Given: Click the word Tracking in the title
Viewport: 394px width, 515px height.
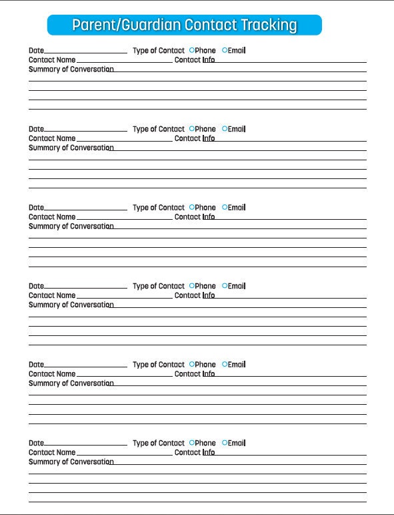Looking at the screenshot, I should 269,25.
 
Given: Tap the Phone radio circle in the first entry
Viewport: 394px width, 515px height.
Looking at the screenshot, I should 192,50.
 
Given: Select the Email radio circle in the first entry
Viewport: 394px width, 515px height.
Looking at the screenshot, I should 225,50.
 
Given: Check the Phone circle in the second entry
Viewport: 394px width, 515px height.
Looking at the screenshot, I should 192,129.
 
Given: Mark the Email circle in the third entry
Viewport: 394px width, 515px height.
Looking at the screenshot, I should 225,207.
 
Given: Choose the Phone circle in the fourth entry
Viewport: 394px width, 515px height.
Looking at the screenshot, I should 192,286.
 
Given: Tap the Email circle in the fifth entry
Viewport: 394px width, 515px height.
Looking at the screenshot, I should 225,364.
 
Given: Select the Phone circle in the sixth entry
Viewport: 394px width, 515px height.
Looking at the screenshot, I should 192,443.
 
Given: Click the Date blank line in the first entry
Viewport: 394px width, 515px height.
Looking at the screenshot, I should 85,51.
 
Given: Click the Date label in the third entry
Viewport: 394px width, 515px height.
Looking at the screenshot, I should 36,208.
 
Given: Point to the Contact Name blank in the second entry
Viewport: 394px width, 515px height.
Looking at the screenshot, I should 125,140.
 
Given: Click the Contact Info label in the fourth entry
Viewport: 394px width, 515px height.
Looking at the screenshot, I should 195,295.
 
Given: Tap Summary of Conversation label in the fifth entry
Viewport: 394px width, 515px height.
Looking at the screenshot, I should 71,383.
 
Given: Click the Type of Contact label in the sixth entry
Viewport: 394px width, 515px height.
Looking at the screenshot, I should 159,443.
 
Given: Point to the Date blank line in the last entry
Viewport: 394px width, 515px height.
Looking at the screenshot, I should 85,444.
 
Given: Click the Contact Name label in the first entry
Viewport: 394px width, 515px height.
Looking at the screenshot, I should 52,60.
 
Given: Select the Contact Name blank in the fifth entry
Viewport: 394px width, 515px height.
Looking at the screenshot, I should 125,376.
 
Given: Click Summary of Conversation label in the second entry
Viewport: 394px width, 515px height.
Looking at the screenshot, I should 71,148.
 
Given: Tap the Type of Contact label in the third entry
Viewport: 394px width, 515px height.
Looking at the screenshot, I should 159,208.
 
